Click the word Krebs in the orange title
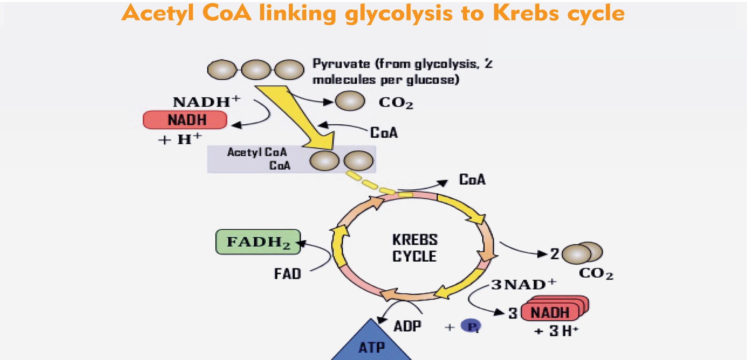click(526, 13)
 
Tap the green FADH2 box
click(258, 242)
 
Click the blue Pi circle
click(471, 326)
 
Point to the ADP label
click(408, 326)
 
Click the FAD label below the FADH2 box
click(287, 274)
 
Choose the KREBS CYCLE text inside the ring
click(415, 248)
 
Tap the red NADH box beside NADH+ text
click(185, 120)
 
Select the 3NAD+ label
click(524, 285)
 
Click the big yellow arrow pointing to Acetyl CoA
click(296, 117)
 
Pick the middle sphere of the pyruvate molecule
click(256, 70)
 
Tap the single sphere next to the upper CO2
click(350, 101)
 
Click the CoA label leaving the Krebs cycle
click(472, 180)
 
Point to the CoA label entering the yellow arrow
click(384, 133)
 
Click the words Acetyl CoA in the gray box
click(257, 152)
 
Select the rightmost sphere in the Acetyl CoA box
click(358, 161)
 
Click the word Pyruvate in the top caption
click(341, 64)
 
